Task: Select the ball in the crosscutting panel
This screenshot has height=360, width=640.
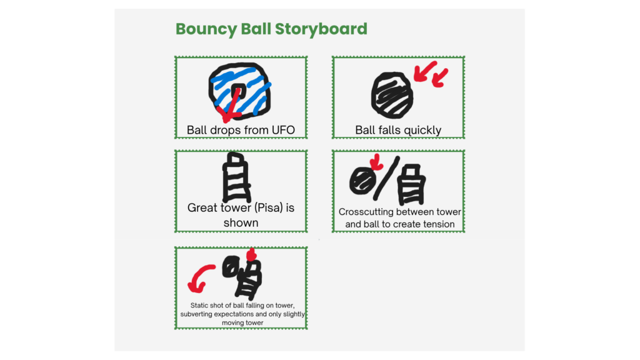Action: coord(362,181)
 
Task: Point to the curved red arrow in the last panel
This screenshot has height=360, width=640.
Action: coord(201,277)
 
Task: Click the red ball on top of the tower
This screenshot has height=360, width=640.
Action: coord(252,255)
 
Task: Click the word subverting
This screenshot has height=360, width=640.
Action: coord(197,314)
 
